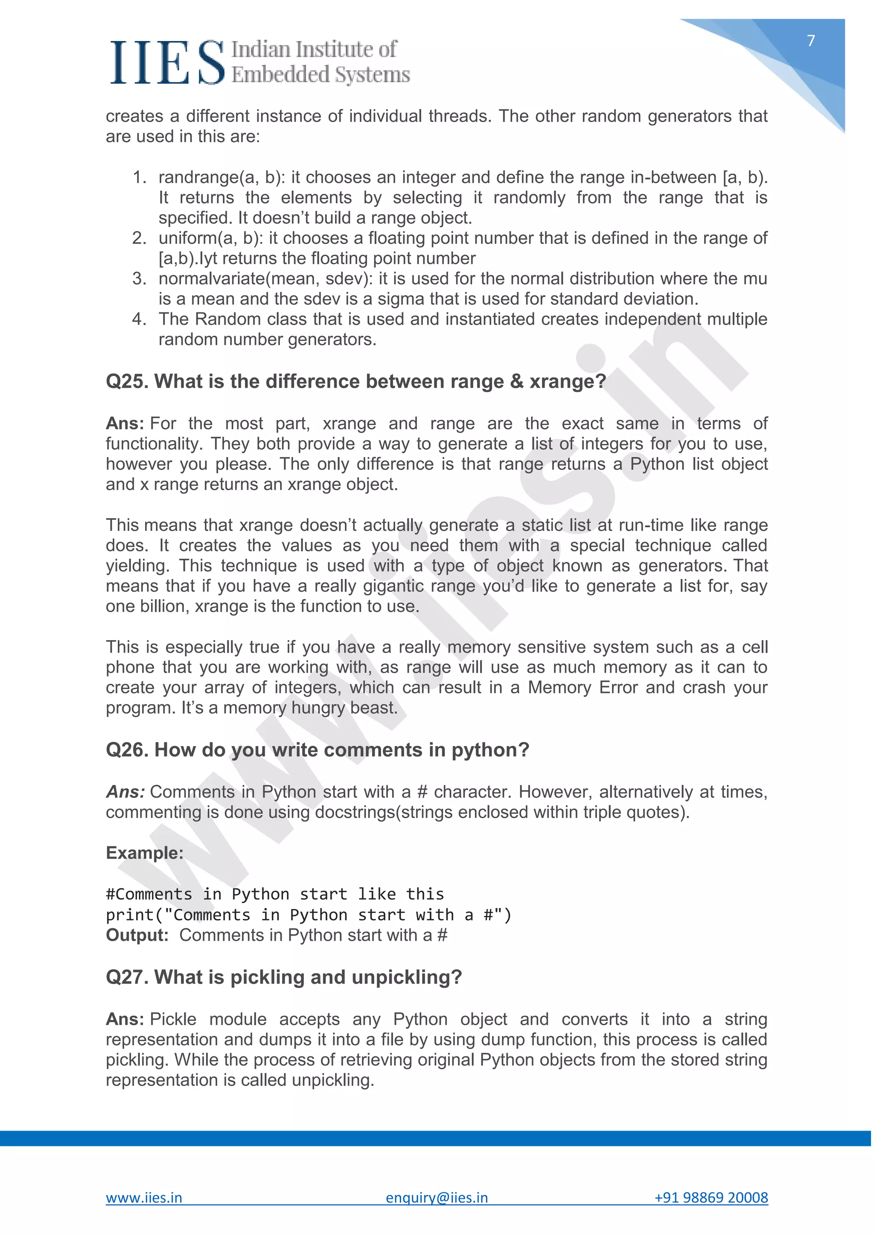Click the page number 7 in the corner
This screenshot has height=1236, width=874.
point(810,41)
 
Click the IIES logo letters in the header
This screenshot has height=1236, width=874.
point(167,63)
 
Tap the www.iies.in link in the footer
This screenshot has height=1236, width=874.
point(144,1197)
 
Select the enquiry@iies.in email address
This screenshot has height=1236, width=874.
point(437,1197)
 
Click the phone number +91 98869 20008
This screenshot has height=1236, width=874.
point(711,1197)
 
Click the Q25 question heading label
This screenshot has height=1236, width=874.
point(128,381)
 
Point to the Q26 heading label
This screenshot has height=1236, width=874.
point(128,749)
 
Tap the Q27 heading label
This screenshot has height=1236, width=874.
point(128,977)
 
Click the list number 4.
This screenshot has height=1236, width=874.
point(139,319)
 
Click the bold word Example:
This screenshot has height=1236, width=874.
point(144,853)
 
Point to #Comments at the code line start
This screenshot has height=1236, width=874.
point(149,894)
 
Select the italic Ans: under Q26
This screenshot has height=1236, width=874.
point(125,792)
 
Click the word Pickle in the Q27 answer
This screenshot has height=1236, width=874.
point(173,1019)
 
